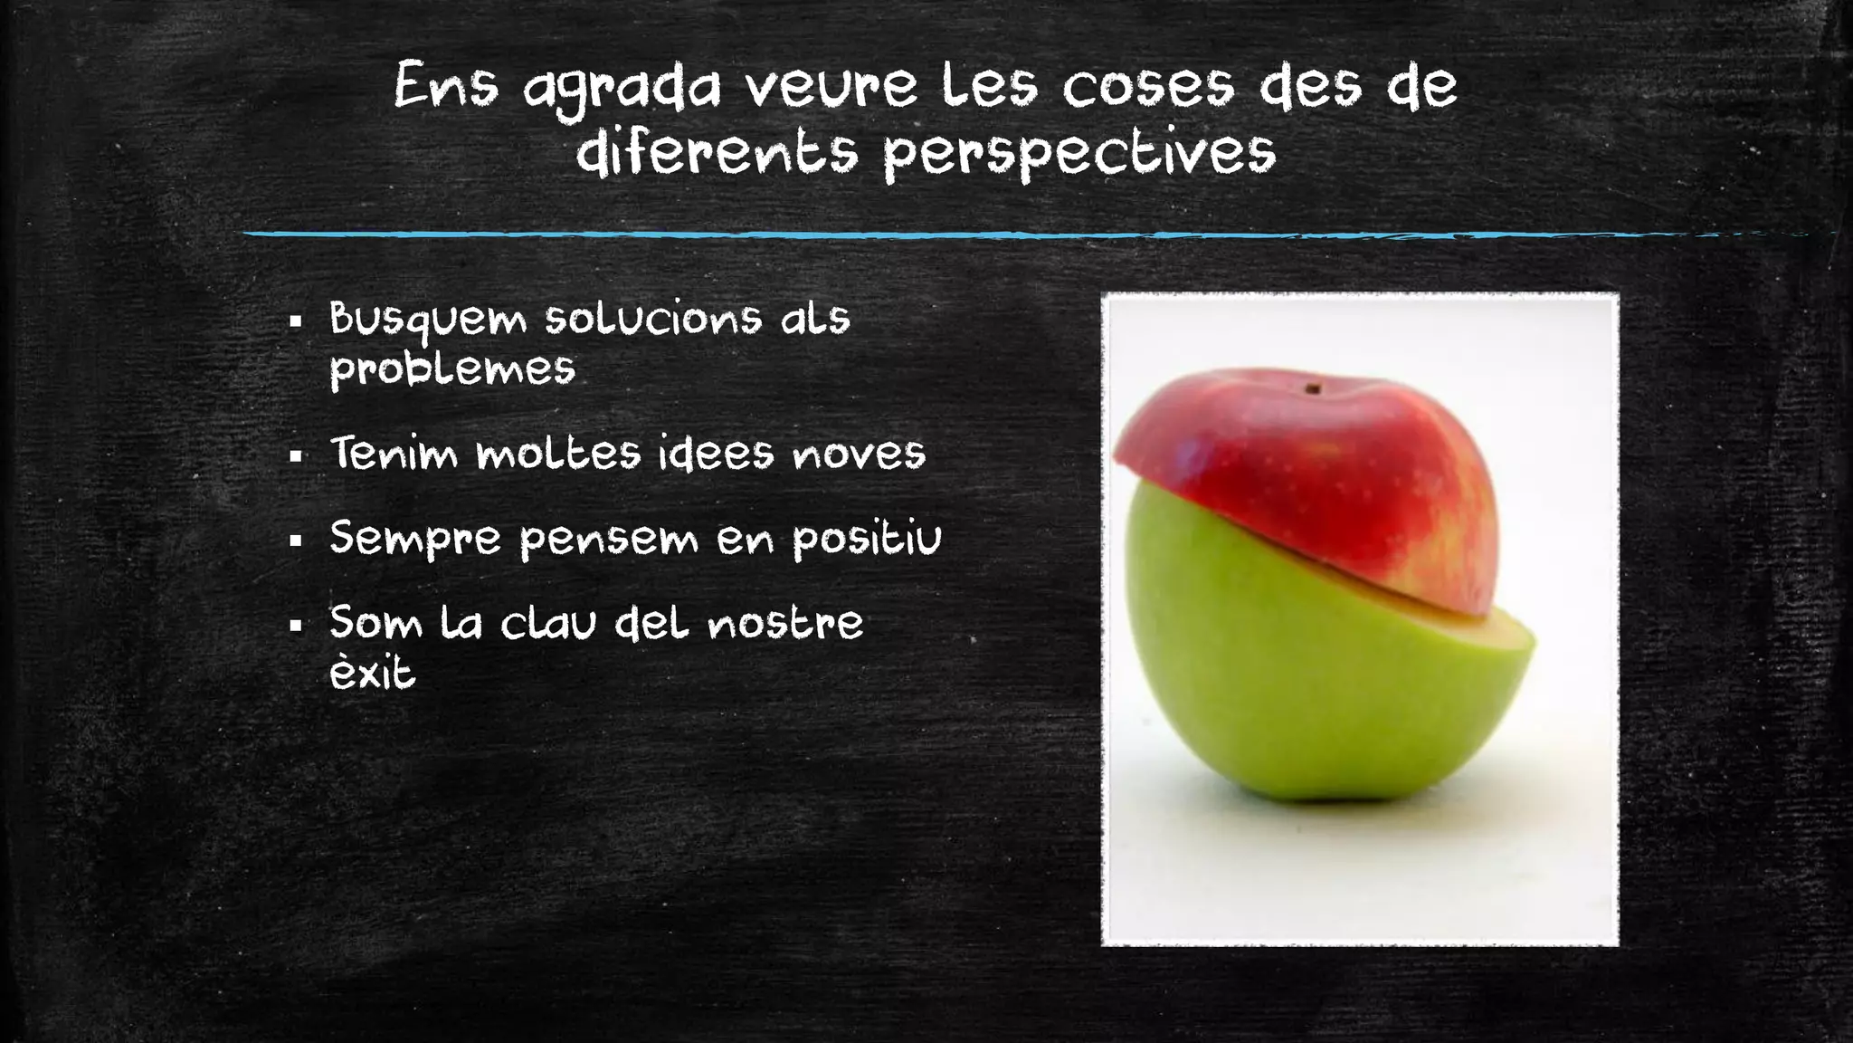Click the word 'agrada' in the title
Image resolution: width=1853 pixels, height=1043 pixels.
click(622, 89)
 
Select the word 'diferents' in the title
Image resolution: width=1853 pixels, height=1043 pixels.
click(717, 152)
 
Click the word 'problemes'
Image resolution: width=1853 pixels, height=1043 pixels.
click(452, 369)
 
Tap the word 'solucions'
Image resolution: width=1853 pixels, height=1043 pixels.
click(652, 319)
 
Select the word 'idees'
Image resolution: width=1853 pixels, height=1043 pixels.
click(716, 453)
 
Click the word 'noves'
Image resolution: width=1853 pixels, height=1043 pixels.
click(859, 454)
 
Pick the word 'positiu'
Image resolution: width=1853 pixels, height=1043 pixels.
click(867, 540)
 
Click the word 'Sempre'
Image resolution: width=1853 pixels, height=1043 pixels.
click(414, 540)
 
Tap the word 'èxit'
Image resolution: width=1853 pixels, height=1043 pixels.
click(372, 673)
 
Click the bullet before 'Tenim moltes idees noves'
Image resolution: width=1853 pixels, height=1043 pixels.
click(295, 456)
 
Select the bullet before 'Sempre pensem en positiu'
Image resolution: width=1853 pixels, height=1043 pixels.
click(295, 542)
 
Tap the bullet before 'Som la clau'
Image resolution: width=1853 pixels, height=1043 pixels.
click(295, 626)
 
